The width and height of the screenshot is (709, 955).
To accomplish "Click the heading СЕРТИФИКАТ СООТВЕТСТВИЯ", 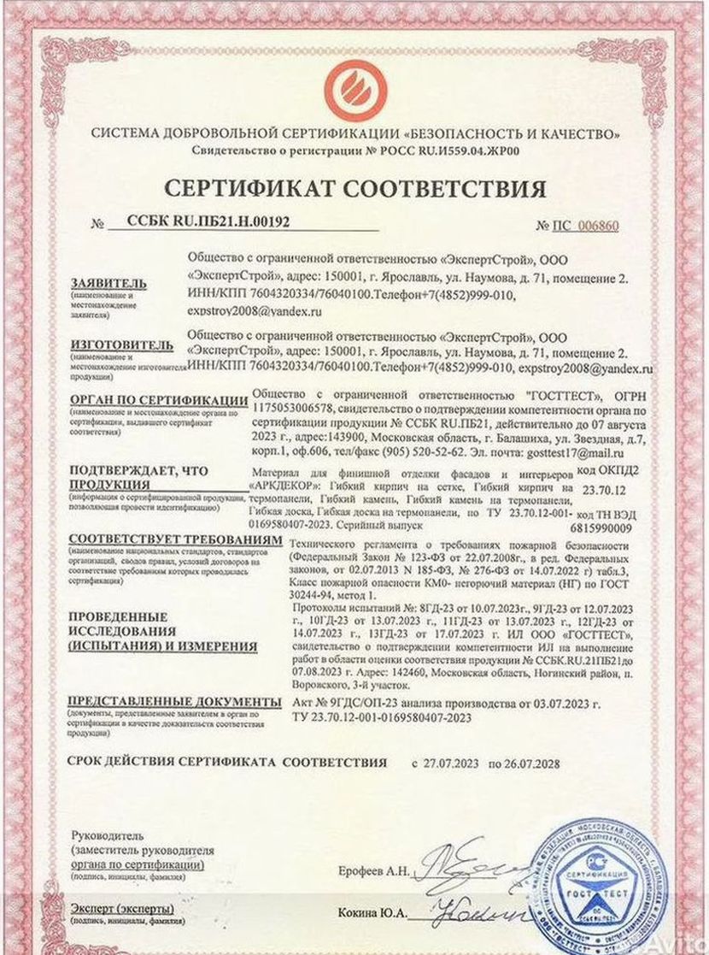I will pyautogui.click(x=354, y=187).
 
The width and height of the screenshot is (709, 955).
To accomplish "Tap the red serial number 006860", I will pyautogui.click(x=597, y=227).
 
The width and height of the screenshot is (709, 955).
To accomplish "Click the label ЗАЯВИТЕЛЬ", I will pyautogui.click(x=108, y=283).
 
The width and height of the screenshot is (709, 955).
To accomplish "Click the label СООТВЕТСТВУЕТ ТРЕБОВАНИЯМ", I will pyautogui.click(x=174, y=542).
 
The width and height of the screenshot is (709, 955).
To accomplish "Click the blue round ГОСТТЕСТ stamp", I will pyautogui.click(x=589, y=885).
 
